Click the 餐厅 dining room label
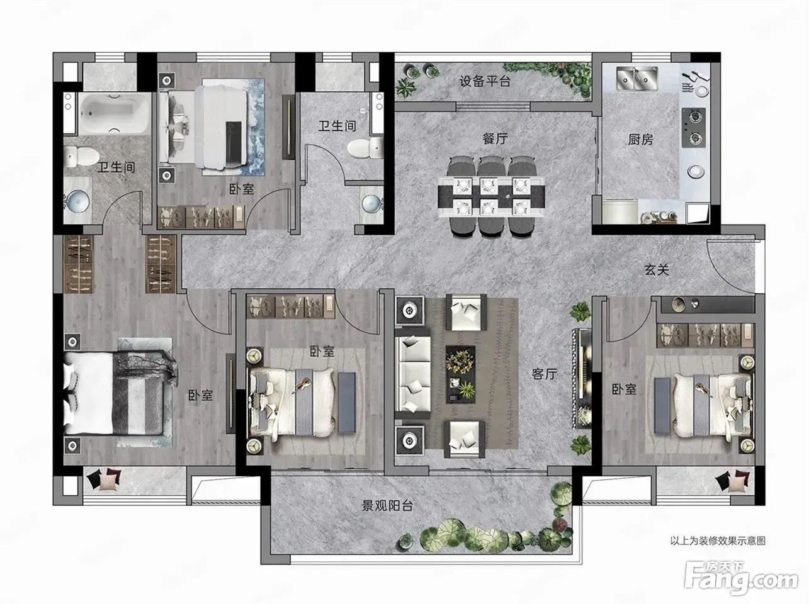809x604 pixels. [495, 139]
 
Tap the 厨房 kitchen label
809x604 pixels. [640, 140]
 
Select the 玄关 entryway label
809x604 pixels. [657, 270]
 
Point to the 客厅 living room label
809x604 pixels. [545, 374]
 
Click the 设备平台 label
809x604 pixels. [485, 81]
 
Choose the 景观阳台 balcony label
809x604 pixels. [387, 506]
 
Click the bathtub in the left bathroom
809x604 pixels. [115, 113]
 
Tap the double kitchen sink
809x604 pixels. [637, 79]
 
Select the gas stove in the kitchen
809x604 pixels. [693, 128]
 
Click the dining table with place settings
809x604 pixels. [492, 197]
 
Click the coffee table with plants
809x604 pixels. [460, 374]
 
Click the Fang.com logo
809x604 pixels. [741, 578]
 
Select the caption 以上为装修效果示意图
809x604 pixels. [718, 541]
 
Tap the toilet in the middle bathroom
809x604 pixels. [364, 148]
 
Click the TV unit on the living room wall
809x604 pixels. [582, 378]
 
